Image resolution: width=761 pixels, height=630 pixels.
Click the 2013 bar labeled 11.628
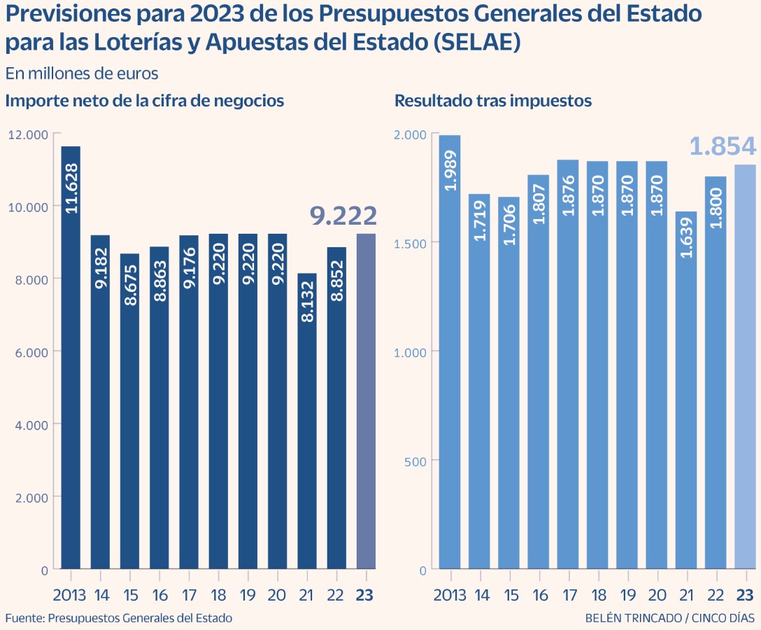(x=71, y=357)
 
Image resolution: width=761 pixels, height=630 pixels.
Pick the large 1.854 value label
(x=723, y=148)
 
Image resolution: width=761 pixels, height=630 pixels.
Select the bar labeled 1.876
(x=568, y=364)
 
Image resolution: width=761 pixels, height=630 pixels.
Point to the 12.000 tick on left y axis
(x=28, y=134)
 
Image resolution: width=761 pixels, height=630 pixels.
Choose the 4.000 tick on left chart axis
(x=31, y=424)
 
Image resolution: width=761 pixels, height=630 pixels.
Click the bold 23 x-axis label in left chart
(x=365, y=595)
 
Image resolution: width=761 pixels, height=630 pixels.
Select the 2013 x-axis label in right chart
(x=449, y=595)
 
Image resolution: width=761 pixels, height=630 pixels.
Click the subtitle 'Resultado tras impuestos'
(x=493, y=101)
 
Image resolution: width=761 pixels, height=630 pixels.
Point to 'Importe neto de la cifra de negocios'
(x=145, y=101)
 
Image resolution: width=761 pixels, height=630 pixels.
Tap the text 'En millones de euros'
(x=82, y=73)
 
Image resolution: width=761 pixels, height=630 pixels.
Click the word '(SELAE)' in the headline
(x=477, y=42)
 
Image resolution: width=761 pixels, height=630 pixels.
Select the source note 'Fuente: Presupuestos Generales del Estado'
(x=119, y=618)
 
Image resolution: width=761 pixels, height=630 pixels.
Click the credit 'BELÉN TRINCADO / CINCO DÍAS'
(x=670, y=618)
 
